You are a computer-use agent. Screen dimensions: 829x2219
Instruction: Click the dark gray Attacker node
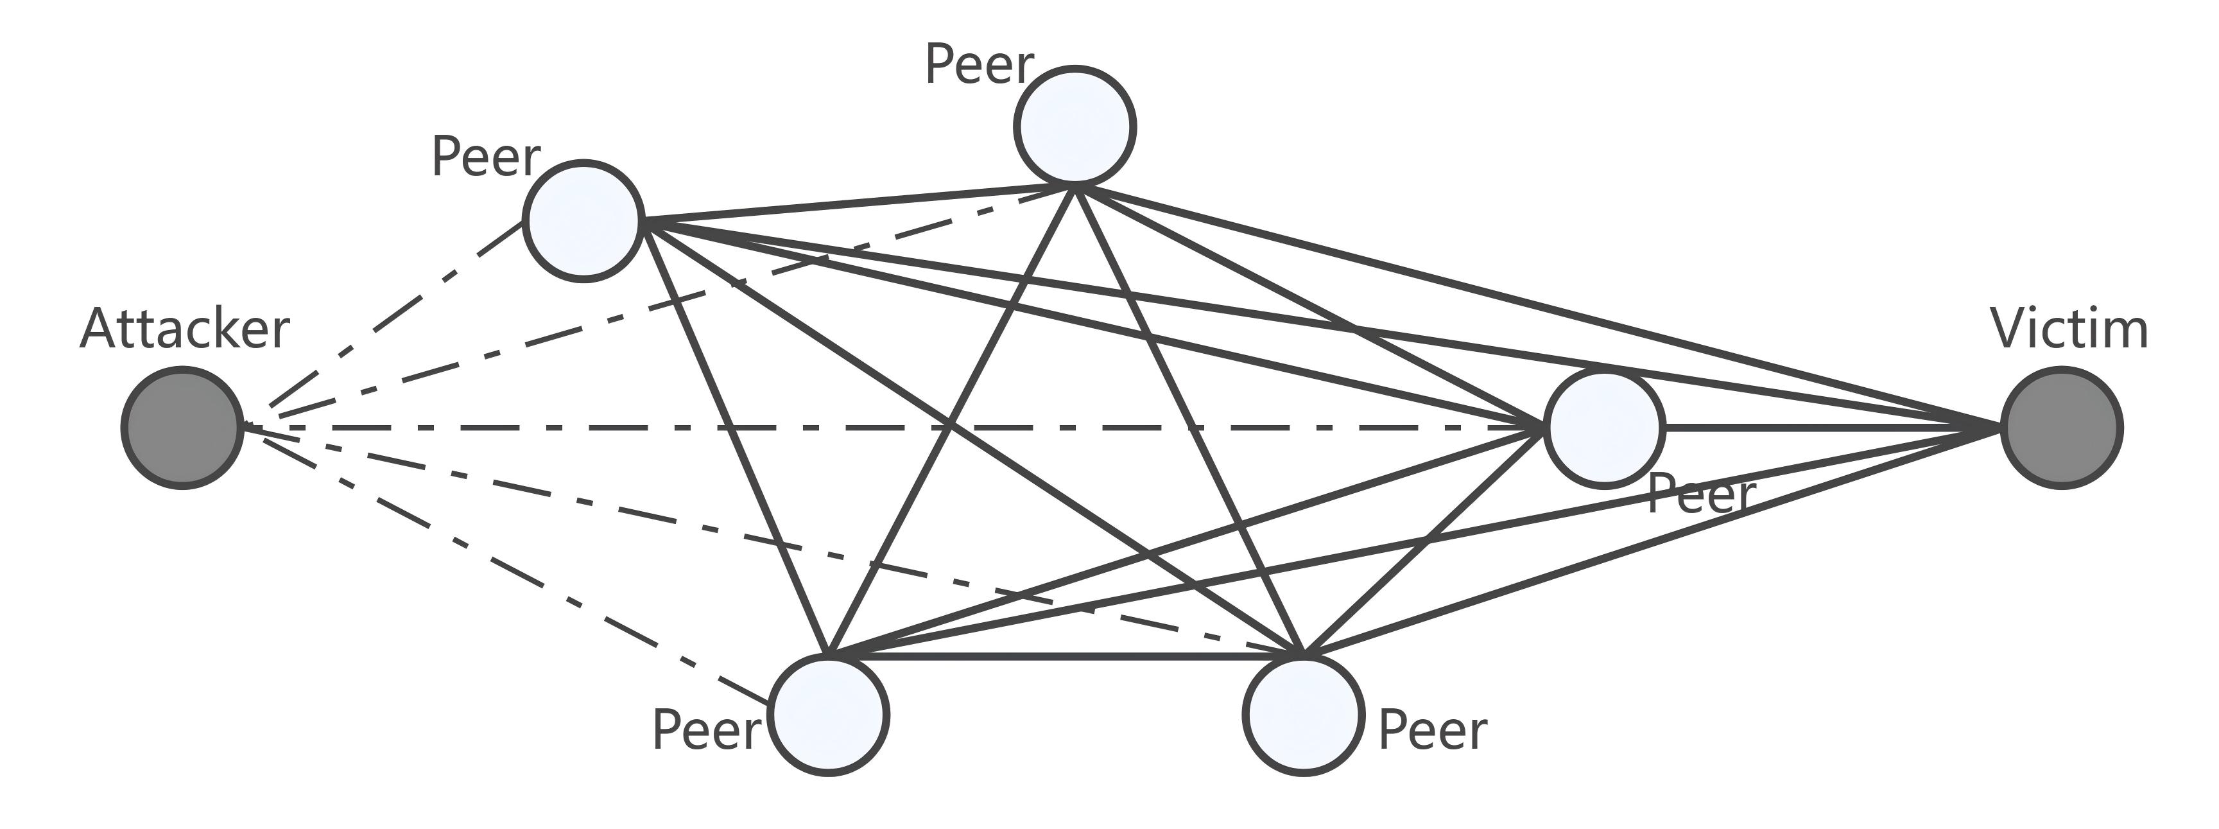pyautogui.click(x=182, y=428)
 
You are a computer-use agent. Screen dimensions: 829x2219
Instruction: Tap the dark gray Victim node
pyautogui.click(x=2061, y=428)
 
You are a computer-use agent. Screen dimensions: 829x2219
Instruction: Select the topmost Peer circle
pyautogui.click(x=1074, y=126)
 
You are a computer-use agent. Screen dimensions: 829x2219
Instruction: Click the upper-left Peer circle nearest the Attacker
pyautogui.click(x=583, y=221)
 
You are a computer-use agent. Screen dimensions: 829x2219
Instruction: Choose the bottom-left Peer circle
pyautogui.click(x=828, y=715)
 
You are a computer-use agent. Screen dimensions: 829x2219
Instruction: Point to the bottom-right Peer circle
pyautogui.click(x=1303, y=715)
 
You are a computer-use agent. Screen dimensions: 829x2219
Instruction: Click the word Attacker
pyautogui.click(x=184, y=329)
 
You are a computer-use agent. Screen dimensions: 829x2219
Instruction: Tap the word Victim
pyautogui.click(x=2069, y=329)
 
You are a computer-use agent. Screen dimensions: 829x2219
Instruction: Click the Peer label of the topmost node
pyautogui.click(x=979, y=65)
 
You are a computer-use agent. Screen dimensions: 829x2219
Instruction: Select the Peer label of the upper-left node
pyautogui.click(x=485, y=159)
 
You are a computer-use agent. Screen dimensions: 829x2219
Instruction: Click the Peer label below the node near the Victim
pyautogui.click(x=1700, y=496)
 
